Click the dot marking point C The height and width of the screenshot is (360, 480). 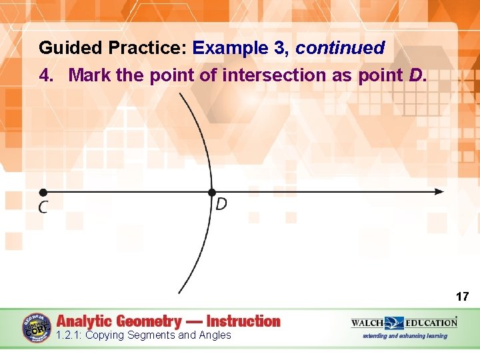point(42,192)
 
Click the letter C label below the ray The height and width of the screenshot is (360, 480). point(43,207)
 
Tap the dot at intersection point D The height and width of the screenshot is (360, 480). point(211,192)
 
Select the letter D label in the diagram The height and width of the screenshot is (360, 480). point(221,204)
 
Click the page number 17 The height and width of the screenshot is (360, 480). point(462,296)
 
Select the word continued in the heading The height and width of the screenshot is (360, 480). point(340,48)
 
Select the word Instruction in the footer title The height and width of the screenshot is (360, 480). point(243,321)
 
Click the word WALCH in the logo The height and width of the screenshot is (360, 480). point(367,323)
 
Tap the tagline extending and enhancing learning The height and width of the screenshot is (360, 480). point(405,336)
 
